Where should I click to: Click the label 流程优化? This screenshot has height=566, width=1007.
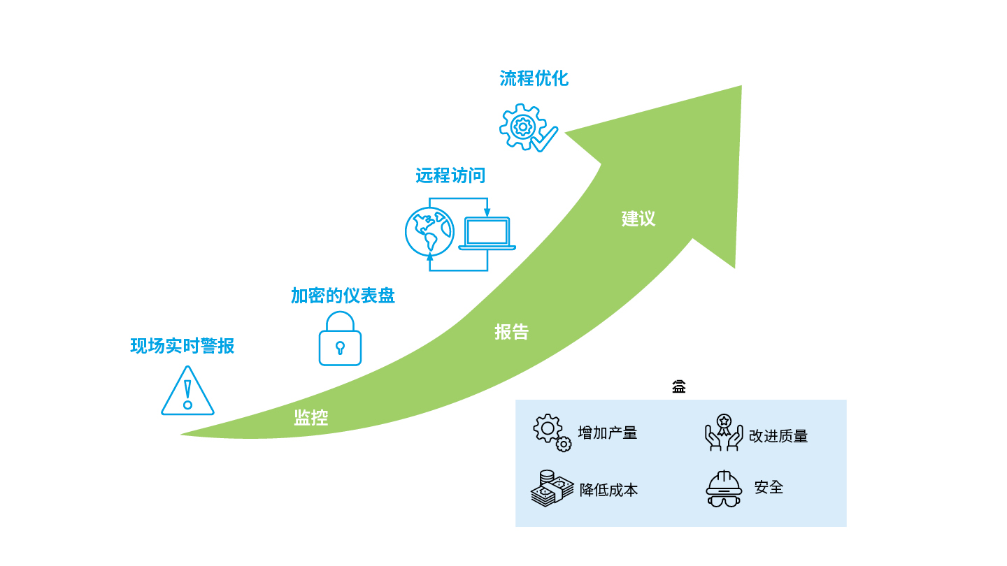click(534, 78)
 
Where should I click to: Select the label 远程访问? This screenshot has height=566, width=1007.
click(450, 175)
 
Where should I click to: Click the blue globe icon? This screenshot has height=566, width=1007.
click(429, 232)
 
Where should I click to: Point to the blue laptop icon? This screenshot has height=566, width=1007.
click(487, 233)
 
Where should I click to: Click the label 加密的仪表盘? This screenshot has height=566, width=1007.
click(343, 296)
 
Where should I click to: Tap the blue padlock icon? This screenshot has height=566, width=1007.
click(341, 339)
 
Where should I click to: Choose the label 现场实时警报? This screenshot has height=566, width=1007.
click(183, 346)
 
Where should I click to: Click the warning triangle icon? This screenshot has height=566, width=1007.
click(188, 391)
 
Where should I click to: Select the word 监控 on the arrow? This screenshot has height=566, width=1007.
click(311, 418)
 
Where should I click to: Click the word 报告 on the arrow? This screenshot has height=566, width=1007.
click(512, 332)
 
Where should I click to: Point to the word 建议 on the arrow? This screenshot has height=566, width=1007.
click(638, 219)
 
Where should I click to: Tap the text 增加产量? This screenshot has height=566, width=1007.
click(608, 433)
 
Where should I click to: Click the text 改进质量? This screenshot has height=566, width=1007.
click(778, 436)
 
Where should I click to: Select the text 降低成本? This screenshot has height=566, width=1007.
click(608, 490)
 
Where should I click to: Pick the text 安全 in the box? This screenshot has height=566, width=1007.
click(769, 488)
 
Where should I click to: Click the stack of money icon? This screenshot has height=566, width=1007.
click(552, 488)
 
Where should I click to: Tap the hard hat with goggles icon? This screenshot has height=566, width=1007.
click(723, 488)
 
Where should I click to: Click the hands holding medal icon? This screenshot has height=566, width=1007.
click(724, 433)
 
